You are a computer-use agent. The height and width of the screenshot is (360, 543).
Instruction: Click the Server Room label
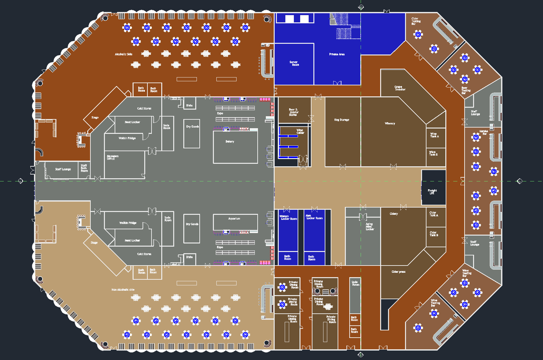coord(294,63)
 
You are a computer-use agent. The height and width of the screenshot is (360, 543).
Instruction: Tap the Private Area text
coord(337,54)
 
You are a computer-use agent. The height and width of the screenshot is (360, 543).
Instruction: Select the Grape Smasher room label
coord(400,88)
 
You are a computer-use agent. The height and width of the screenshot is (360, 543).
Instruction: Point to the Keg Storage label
coord(341,120)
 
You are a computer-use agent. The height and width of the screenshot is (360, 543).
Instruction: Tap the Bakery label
coord(230,141)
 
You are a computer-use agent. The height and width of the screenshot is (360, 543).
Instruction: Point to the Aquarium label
coord(234,218)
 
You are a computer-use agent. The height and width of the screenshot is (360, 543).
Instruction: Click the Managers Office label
coord(112,157)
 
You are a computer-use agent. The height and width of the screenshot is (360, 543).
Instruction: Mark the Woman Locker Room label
coord(289,217)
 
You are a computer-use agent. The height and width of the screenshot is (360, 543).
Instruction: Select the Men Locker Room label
coord(314,217)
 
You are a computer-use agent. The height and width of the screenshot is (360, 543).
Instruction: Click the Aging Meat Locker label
coord(369,226)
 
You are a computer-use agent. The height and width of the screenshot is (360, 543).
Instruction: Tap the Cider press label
coord(398,271)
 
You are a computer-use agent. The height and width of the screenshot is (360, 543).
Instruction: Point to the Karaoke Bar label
coord(483,132)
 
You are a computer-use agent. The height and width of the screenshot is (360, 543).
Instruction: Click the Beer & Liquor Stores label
coord(294,112)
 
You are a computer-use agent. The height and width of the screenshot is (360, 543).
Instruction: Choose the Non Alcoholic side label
coord(123,289)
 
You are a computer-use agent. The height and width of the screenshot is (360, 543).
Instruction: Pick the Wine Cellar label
coord(300,131)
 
